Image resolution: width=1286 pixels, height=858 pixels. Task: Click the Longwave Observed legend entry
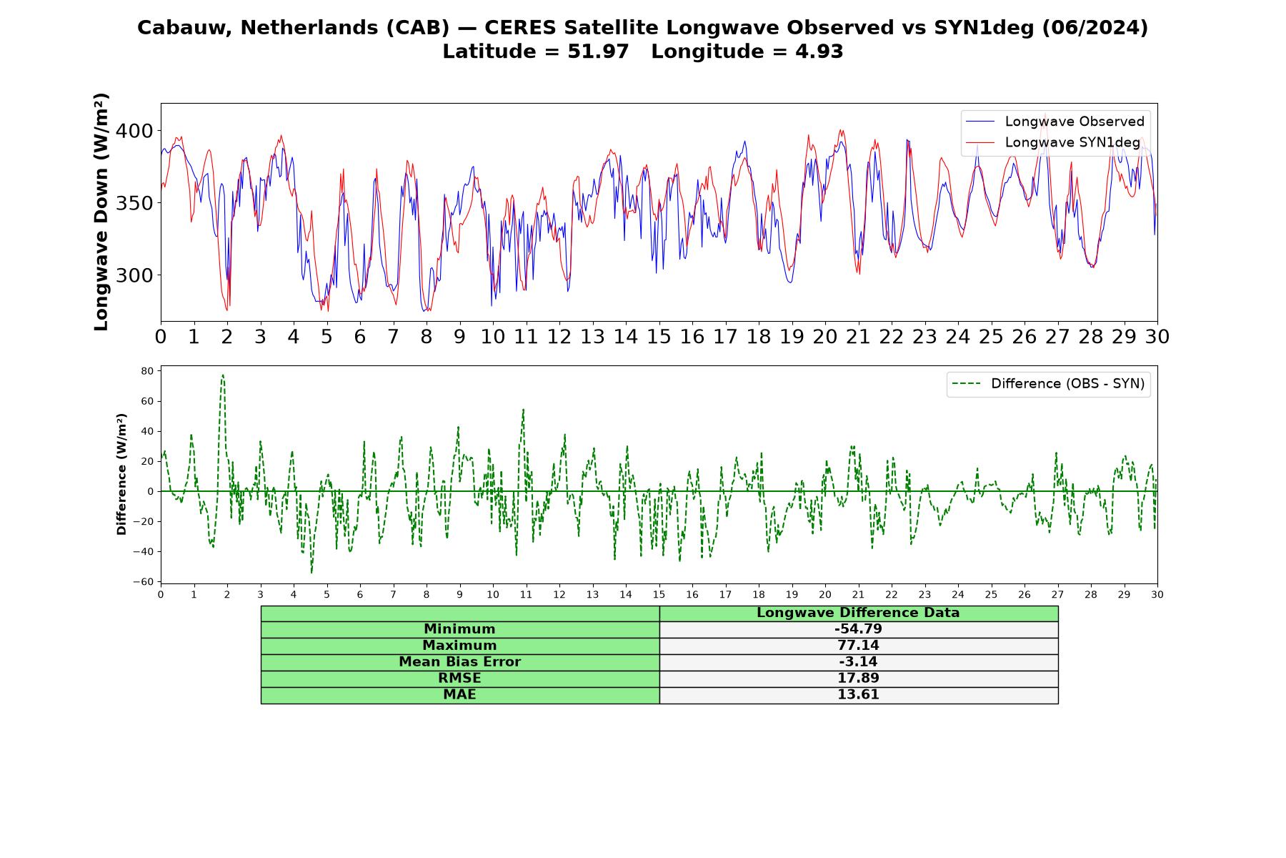coord(1055,122)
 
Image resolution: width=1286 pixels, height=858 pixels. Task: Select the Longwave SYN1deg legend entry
coord(1053,142)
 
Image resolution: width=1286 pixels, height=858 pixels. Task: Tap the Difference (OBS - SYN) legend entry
coord(1048,384)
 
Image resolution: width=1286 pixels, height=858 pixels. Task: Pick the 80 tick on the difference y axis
coord(148,371)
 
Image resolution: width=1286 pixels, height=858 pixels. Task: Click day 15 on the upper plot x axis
coord(659,337)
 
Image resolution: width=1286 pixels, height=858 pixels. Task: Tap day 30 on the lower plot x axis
coord(1157,594)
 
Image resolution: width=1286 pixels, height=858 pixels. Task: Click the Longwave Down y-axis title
coord(101,212)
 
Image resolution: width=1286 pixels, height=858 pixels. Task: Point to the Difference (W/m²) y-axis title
coord(121,474)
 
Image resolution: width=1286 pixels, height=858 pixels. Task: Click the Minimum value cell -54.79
coord(858,629)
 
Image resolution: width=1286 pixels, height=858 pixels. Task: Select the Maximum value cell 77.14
coord(858,646)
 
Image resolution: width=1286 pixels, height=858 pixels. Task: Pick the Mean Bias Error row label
coord(459,662)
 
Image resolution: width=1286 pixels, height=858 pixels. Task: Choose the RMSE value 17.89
coord(858,679)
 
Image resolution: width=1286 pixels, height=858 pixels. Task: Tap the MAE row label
coord(459,695)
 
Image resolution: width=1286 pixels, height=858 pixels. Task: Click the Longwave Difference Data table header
coord(858,613)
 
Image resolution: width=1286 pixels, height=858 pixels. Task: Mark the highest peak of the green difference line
coord(223,375)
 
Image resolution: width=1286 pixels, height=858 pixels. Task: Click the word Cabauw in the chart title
coord(184,28)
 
